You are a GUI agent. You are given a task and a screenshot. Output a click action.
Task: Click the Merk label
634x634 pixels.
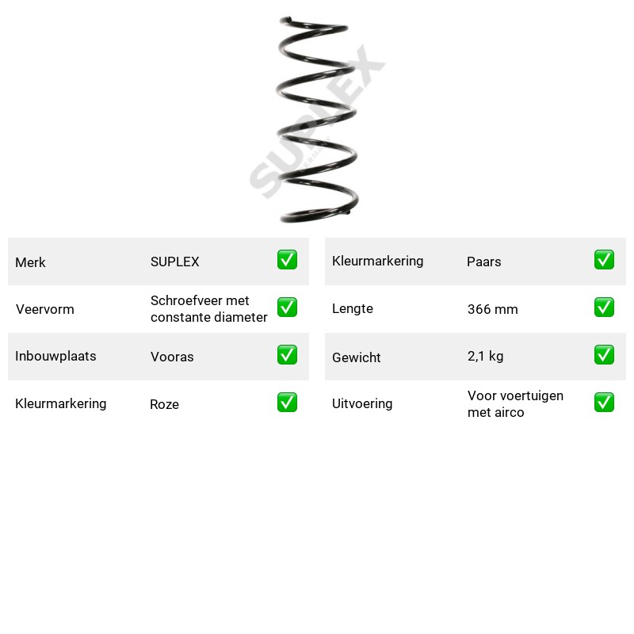[x=30, y=262]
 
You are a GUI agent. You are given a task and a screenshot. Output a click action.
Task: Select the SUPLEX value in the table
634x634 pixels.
[x=174, y=262]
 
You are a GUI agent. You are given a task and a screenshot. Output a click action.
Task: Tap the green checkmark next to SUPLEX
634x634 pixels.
[x=287, y=260]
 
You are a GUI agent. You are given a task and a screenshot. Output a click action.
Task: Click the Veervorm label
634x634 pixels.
[x=45, y=309]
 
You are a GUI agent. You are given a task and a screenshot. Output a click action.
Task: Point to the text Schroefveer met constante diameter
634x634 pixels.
[x=208, y=309]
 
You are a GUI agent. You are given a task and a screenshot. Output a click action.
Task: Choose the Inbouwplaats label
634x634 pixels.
[x=55, y=356]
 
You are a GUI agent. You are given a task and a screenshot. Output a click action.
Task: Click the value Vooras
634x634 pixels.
[x=172, y=357]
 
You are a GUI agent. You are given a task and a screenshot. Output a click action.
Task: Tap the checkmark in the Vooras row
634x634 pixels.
[x=287, y=354]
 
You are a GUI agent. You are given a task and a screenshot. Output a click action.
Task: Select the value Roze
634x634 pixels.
[x=164, y=404]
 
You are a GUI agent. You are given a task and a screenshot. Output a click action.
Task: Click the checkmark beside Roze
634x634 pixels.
[x=287, y=403]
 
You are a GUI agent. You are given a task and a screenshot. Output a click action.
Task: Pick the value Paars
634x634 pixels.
[x=483, y=262]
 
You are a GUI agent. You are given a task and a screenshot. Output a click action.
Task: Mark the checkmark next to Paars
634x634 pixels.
[x=604, y=260]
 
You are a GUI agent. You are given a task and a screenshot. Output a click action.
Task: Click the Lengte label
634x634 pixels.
[x=353, y=308]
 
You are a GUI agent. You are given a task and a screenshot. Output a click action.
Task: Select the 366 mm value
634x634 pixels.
[x=492, y=309]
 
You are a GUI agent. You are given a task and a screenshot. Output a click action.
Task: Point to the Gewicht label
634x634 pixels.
[x=356, y=357]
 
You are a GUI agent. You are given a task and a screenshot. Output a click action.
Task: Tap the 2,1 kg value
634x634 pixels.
[x=485, y=356]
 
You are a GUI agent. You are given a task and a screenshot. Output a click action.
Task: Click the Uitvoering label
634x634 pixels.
[x=362, y=403]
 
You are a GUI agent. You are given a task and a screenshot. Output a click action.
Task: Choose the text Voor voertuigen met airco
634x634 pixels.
[x=515, y=404]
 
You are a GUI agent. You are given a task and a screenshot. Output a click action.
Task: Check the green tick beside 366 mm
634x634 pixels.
[x=604, y=307]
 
